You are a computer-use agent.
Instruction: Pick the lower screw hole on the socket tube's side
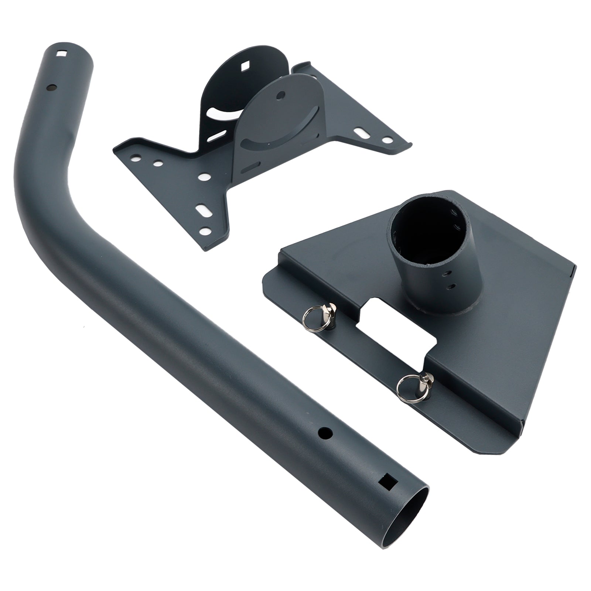coord(450,287)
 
